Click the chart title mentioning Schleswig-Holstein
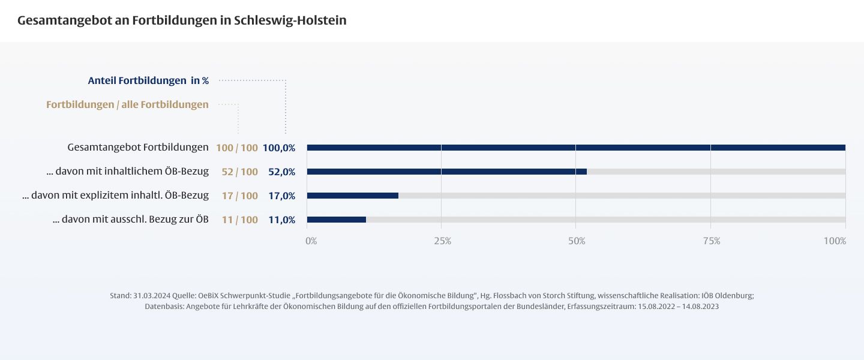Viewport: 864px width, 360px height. point(182,20)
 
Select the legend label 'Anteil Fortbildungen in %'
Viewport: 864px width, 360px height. point(148,80)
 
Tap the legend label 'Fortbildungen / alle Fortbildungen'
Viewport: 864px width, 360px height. point(127,104)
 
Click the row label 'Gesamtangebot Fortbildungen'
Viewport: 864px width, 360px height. point(138,147)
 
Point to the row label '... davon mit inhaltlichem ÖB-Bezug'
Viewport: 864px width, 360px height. point(127,172)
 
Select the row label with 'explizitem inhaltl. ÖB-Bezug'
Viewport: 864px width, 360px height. point(115,196)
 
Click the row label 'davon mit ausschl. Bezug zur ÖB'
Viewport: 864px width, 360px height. point(131,220)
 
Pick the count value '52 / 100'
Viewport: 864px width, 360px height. point(239,172)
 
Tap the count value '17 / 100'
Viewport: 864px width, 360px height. point(239,196)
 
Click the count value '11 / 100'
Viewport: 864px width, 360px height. point(239,220)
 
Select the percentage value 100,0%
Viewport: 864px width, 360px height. point(279,148)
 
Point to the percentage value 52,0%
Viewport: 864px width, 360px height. point(281,172)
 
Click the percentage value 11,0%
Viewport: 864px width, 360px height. point(281,220)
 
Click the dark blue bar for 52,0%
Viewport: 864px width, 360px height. point(446,172)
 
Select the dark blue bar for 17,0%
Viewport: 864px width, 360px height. point(352,196)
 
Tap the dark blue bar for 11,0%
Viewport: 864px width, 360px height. point(336,220)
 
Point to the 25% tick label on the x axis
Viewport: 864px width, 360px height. point(443,241)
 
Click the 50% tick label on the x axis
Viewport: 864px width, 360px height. point(577,241)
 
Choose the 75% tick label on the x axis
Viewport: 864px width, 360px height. point(712,241)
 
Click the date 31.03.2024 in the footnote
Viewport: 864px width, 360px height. point(150,296)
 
